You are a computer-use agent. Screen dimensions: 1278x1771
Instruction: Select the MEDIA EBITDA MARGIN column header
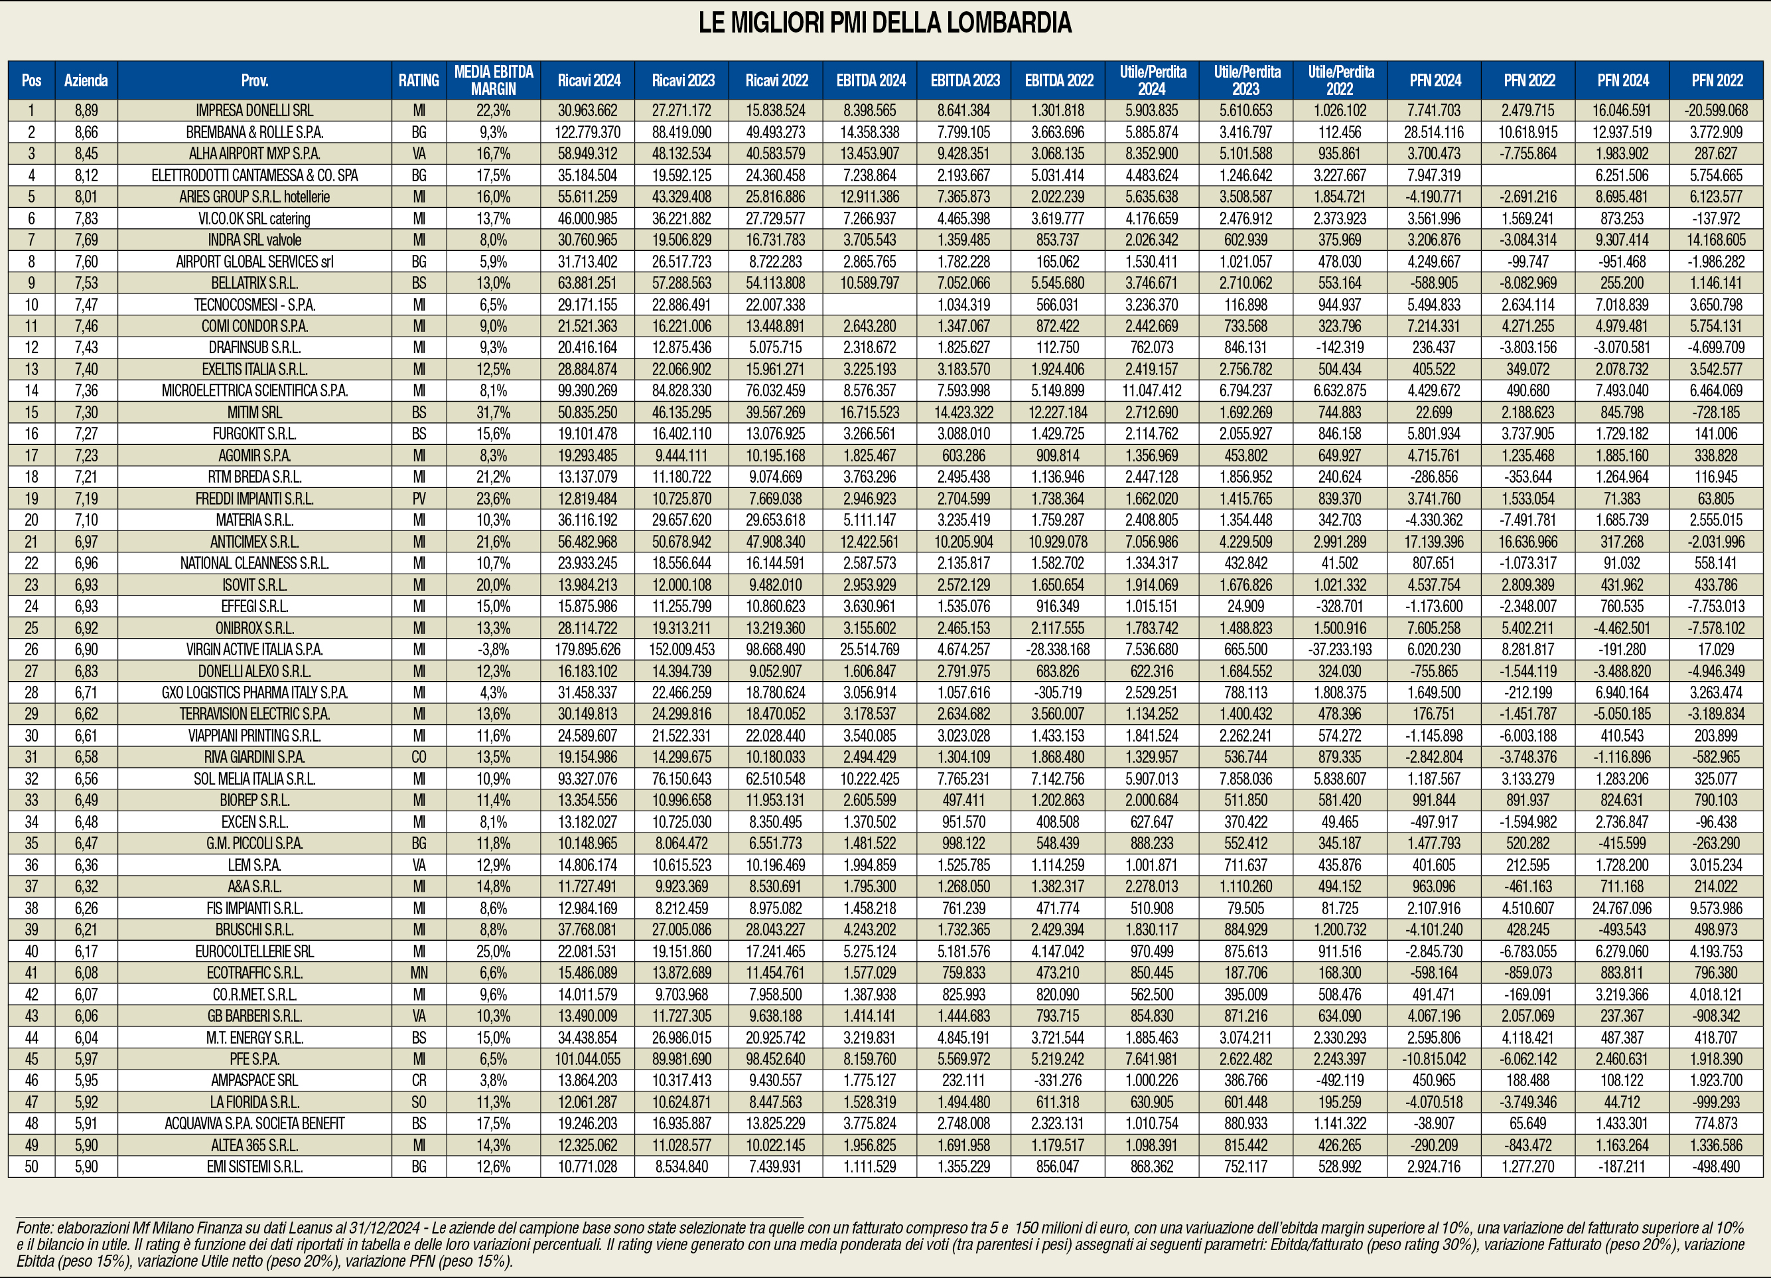(494, 80)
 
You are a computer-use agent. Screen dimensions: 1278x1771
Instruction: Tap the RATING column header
(419, 80)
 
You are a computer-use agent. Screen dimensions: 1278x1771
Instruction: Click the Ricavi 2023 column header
(683, 80)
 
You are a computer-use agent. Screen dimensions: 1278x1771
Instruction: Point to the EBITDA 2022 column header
(1059, 80)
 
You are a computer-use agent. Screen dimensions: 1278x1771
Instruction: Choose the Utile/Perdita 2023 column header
(1246, 80)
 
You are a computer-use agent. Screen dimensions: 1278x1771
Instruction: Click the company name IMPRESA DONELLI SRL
(255, 111)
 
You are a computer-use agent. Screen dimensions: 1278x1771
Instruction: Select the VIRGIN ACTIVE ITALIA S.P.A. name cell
(255, 649)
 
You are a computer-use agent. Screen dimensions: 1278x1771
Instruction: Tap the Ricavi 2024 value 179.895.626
(587, 649)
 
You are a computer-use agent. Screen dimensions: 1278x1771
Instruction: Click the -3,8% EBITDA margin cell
(494, 649)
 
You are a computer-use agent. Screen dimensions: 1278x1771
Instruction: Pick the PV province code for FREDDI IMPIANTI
(419, 499)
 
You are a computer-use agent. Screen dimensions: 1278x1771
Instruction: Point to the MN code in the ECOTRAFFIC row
(419, 973)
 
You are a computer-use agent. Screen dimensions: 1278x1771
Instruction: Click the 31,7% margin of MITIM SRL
(494, 412)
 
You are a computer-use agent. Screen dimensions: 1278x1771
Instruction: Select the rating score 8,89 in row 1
(86, 111)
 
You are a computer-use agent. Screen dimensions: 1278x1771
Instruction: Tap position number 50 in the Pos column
(31, 1166)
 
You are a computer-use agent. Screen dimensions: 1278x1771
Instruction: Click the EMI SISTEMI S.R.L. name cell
(255, 1166)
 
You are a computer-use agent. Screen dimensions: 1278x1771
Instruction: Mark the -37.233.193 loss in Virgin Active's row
(1340, 649)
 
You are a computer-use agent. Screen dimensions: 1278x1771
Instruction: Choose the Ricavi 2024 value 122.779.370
(587, 132)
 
